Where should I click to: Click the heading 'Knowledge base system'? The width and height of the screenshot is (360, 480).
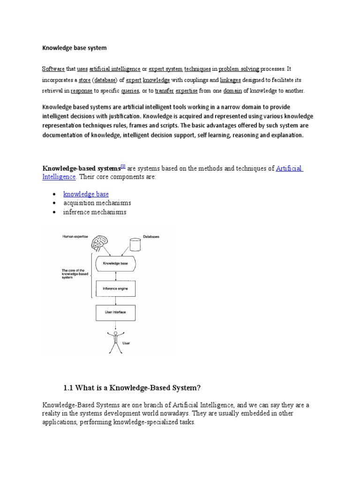click(75, 48)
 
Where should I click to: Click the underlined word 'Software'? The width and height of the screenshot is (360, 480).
click(53, 69)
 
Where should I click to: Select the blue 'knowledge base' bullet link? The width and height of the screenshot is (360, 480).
click(86, 194)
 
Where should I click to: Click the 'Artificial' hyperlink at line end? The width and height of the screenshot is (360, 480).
click(290, 168)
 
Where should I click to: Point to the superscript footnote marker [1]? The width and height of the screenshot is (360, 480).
click(123, 166)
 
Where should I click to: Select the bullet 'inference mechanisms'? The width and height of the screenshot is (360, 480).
click(95, 212)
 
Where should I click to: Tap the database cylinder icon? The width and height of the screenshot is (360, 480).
click(135, 244)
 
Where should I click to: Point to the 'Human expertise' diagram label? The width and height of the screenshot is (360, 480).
click(75, 237)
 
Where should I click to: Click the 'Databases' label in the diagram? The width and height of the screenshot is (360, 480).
click(151, 237)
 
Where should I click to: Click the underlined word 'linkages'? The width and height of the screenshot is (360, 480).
click(230, 80)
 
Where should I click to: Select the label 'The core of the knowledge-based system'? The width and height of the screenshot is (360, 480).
click(74, 274)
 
